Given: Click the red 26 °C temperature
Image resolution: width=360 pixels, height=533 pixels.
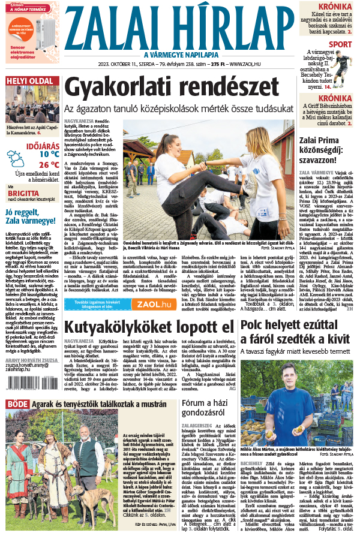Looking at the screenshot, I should [x=49, y=164].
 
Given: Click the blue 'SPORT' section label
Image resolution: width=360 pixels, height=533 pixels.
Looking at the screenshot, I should [x=340, y=44].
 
